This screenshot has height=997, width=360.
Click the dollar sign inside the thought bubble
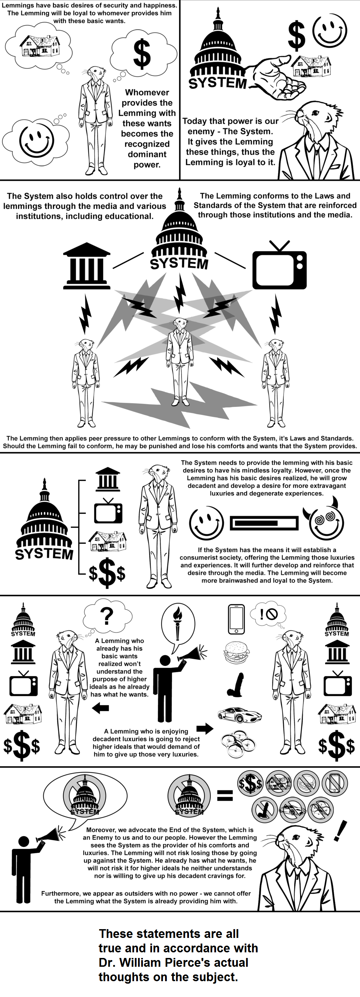click(142, 53)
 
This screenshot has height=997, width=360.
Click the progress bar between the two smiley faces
click(264, 523)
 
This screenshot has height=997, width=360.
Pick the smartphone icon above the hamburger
click(236, 619)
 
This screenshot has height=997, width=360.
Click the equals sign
click(225, 795)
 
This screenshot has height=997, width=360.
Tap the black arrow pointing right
click(205, 729)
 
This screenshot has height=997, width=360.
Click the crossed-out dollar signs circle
click(251, 784)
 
